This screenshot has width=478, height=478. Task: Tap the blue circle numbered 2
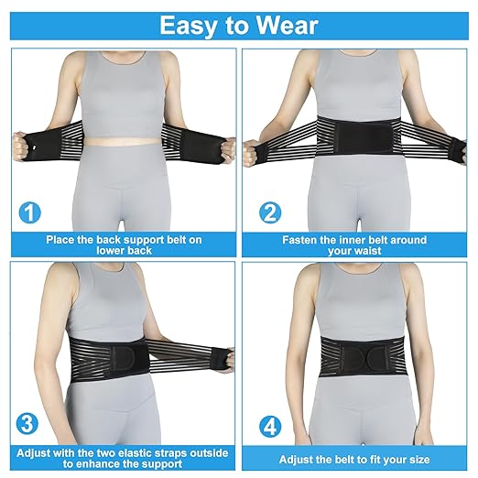point(270,213)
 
